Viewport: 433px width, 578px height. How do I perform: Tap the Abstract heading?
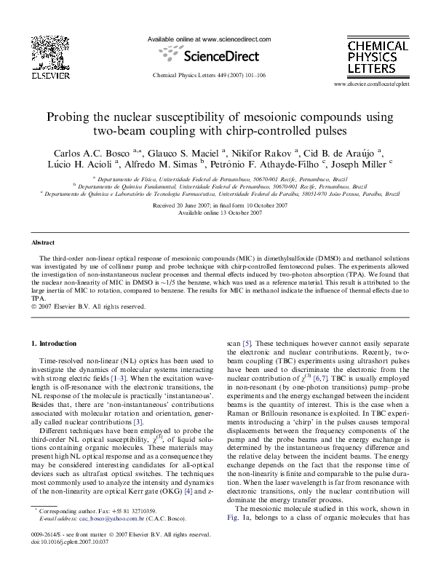[x=43, y=242]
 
